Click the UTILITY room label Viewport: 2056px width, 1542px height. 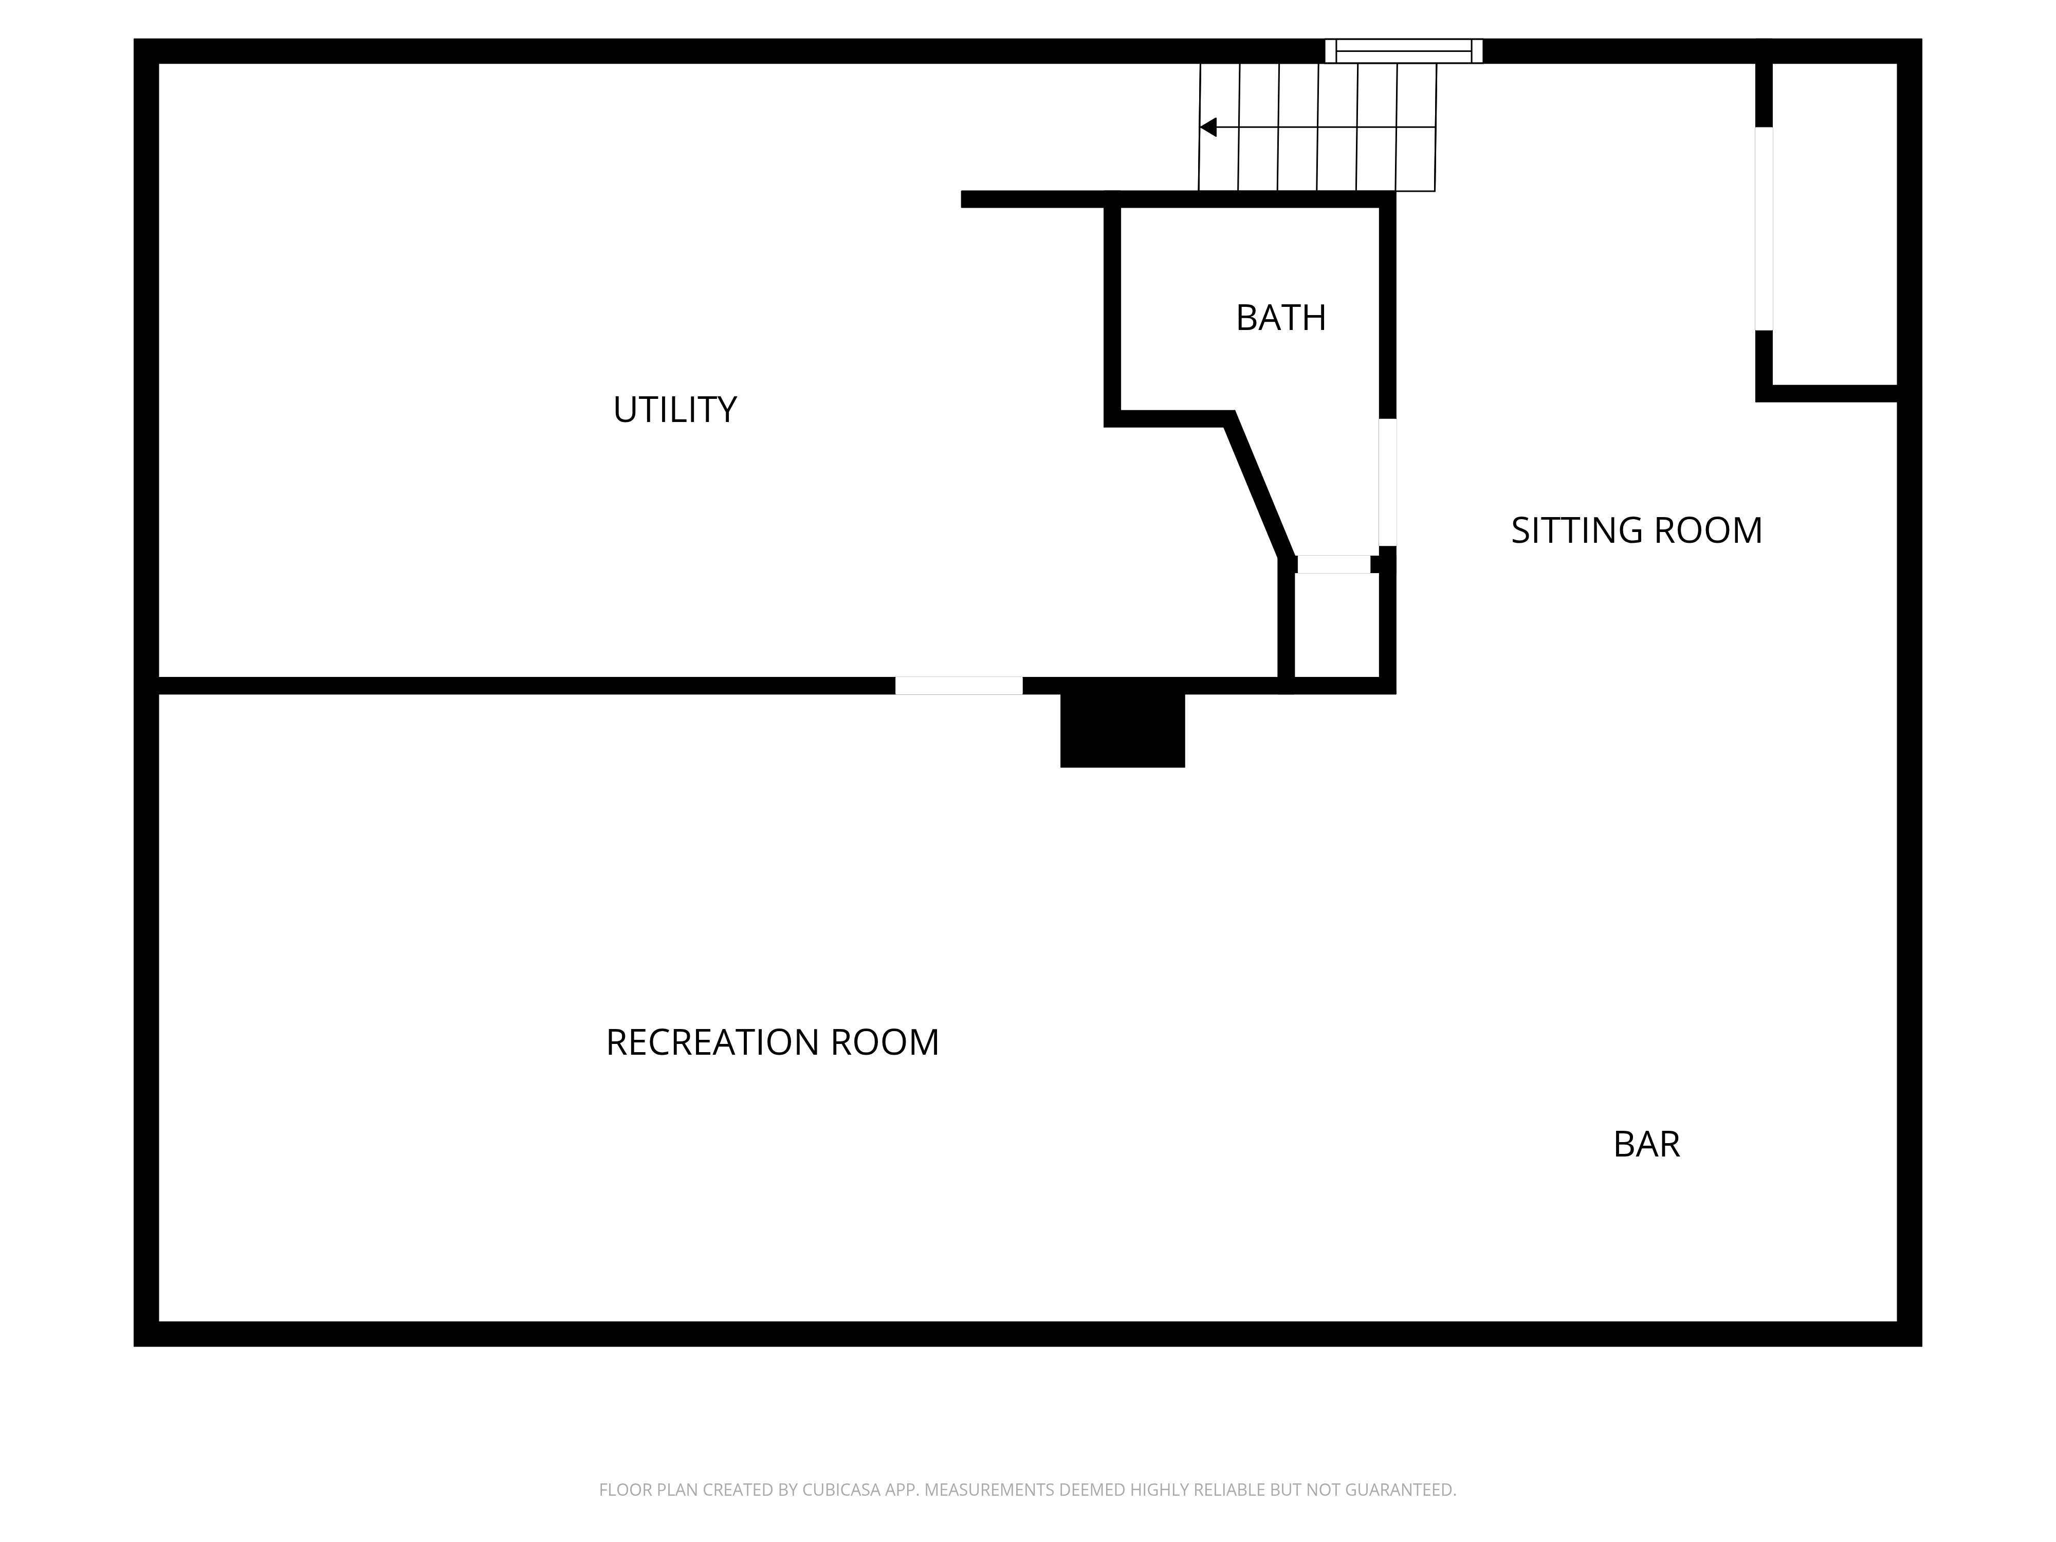point(675,410)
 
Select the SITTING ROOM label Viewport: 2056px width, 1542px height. point(1636,531)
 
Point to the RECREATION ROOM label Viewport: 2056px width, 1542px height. point(773,1043)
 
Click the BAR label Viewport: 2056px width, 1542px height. point(1646,1144)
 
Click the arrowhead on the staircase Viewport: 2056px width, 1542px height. point(1208,127)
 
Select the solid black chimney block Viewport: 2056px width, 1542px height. point(1122,730)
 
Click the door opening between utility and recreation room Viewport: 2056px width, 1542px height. point(958,686)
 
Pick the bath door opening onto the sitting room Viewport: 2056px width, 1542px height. point(1387,483)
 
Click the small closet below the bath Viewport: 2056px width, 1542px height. point(1336,626)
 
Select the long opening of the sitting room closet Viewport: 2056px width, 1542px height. point(1763,229)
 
